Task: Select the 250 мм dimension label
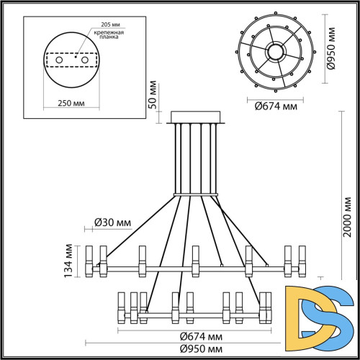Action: click(71, 102)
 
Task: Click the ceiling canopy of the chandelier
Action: click(196, 117)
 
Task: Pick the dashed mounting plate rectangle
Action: click(71, 59)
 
